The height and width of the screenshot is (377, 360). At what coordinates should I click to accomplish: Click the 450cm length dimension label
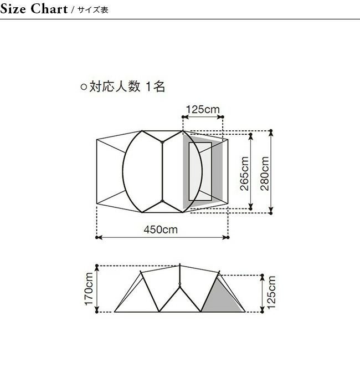coord(161,230)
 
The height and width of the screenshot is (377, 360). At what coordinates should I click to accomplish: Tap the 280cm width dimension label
coord(264,174)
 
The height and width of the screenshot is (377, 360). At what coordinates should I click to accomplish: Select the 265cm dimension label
coord(244,174)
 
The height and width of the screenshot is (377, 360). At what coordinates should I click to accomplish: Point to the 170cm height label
coord(89,289)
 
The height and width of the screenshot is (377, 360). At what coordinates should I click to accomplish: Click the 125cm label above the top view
coord(203,109)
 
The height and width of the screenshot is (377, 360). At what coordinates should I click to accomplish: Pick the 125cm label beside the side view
coord(271,292)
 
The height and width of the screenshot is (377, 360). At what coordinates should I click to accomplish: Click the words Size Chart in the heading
coord(34,9)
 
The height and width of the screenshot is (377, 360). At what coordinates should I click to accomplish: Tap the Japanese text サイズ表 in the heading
coord(93,10)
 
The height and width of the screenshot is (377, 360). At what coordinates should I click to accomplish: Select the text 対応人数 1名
coord(127,86)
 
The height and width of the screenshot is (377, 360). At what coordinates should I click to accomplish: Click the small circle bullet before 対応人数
coord(84,87)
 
